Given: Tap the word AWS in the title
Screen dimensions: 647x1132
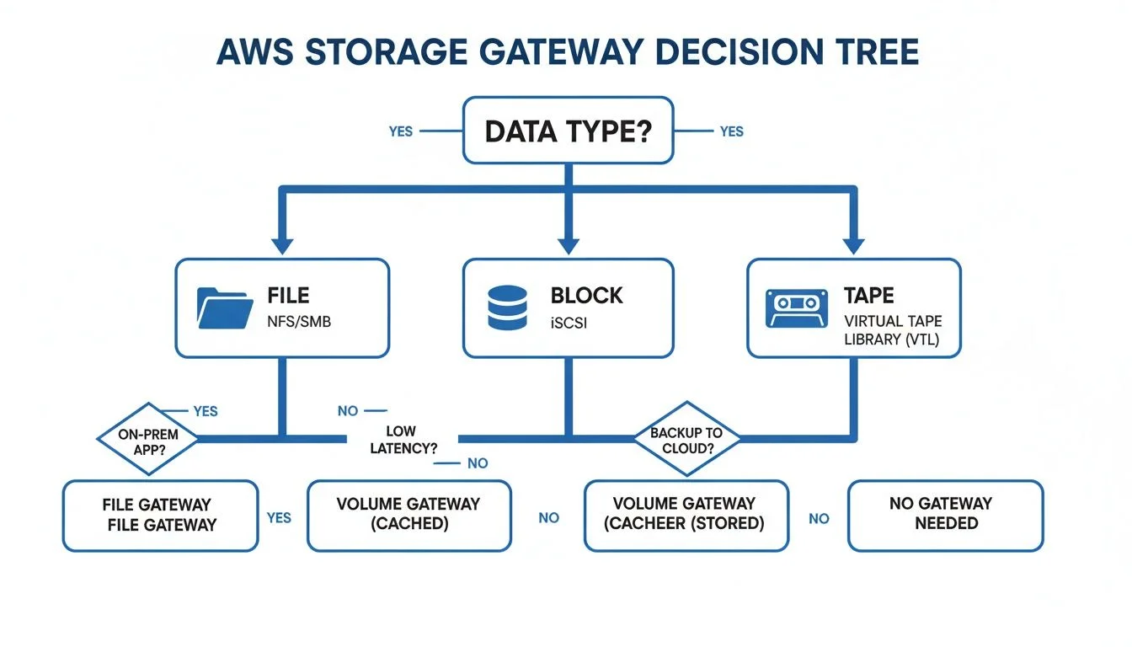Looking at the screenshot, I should coord(254,51).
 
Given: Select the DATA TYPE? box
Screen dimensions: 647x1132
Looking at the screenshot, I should coord(569,131).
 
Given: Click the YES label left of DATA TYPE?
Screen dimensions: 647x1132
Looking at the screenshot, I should coord(401,131).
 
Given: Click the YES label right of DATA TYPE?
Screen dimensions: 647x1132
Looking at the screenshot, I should coord(731,131).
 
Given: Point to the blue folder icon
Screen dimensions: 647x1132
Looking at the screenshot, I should coord(224,308).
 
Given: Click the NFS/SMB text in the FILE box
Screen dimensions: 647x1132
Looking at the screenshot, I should coord(299,321).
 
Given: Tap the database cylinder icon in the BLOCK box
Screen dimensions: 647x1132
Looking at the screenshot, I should coord(508,307).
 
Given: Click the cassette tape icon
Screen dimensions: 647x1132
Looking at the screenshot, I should coord(792,308).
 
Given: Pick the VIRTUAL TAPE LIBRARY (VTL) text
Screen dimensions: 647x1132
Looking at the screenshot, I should coord(893,330).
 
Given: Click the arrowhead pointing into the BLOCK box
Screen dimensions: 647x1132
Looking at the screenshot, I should coord(569,244).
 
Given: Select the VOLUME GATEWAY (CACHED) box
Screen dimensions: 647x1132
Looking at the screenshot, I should coord(408,515).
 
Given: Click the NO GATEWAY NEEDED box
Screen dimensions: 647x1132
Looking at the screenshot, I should coord(945,514).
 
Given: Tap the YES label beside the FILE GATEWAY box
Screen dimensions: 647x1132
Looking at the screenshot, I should coord(279,517).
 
